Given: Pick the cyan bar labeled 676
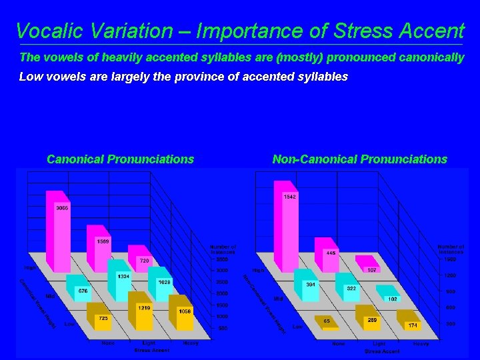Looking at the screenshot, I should pos(79,291).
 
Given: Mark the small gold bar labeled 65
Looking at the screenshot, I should pos(325,322).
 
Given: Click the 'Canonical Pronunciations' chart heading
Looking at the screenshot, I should pos(120,159).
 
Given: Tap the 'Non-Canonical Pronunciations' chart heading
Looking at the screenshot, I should pos(359,159).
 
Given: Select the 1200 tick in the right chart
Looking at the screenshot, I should pos(450,275).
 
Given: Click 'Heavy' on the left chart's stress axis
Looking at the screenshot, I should pos(190,343).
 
